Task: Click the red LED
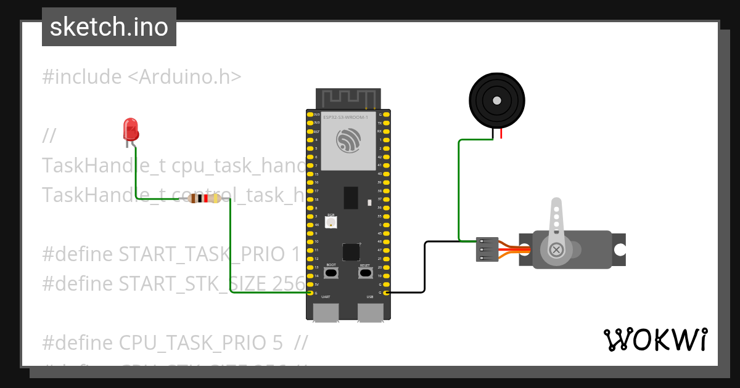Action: pyautogui.click(x=131, y=129)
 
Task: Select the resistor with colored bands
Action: pyautogui.click(x=204, y=198)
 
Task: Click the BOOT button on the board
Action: pyautogui.click(x=331, y=272)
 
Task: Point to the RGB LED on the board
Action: pyautogui.click(x=331, y=222)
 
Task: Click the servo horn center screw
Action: pyautogui.click(x=556, y=249)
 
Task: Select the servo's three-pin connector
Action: pyautogui.click(x=487, y=249)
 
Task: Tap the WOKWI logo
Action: pyautogui.click(x=654, y=339)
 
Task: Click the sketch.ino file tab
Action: pyautogui.click(x=109, y=27)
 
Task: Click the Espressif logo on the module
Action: pyautogui.click(x=348, y=140)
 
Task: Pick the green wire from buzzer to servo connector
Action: pyautogui.click(x=459, y=191)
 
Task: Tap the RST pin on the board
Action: pyautogui.click(x=310, y=132)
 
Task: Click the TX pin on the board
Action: pyautogui.click(x=387, y=123)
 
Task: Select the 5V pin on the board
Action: pyautogui.click(x=310, y=285)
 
